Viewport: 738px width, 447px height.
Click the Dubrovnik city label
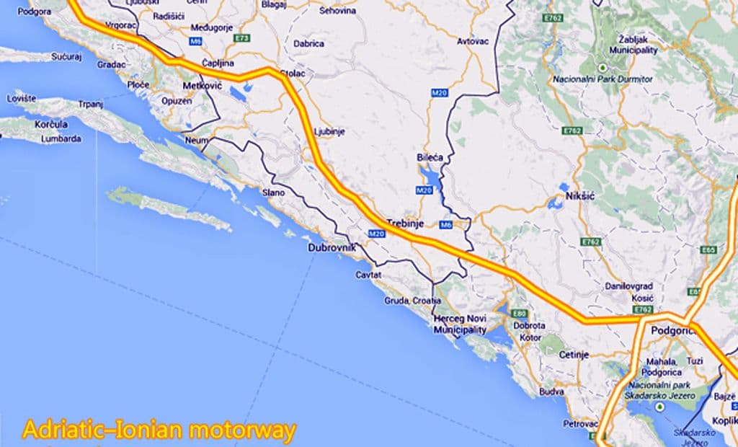(x=332, y=247)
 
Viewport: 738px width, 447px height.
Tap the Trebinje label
(x=404, y=223)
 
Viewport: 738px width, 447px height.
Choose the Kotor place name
(x=530, y=337)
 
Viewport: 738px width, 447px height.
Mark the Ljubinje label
(x=331, y=131)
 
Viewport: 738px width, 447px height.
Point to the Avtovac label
(x=473, y=41)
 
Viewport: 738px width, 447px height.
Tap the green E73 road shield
(x=242, y=37)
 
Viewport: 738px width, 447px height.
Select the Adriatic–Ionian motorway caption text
(x=159, y=431)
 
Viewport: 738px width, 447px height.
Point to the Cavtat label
(x=368, y=275)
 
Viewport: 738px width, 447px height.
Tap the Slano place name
(x=274, y=192)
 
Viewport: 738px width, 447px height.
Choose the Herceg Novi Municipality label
(x=460, y=324)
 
